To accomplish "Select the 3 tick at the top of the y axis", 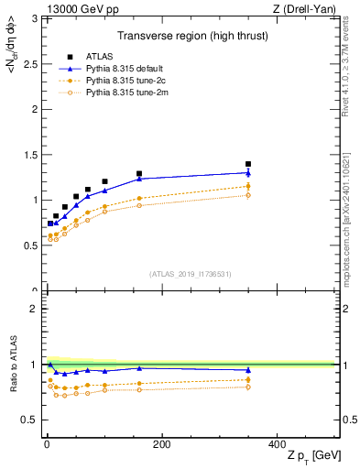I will click(36, 18).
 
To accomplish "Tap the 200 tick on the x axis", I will click(161, 444).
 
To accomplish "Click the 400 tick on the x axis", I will click(277, 444).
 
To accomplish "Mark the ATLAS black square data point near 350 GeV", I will click(248, 164).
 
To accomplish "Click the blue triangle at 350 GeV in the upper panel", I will click(248, 172).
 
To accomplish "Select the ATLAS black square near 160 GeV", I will click(139, 173).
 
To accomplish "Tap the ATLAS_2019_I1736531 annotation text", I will click(191, 274).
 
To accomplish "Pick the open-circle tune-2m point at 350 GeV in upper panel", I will click(248, 195).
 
